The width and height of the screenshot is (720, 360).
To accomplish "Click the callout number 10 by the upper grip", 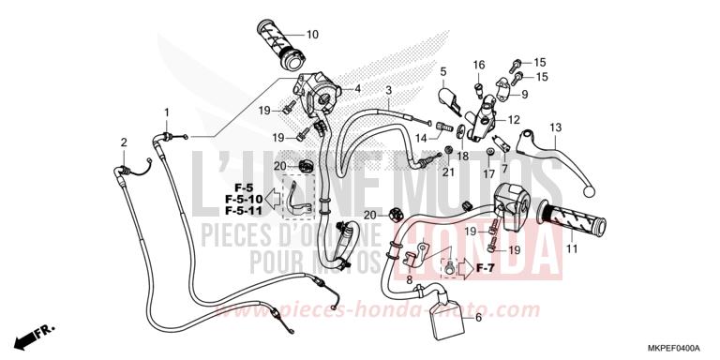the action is tap(312, 35).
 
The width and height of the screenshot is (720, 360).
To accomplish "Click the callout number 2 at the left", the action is tap(123, 142).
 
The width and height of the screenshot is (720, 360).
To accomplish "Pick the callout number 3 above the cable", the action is tap(387, 90).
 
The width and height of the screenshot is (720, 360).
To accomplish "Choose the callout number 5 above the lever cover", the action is tap(442, 70).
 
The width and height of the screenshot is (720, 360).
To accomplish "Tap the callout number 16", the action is tap(478, 65).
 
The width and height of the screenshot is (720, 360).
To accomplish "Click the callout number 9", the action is tap(524, 94).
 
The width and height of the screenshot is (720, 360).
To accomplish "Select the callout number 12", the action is tap(514, 120).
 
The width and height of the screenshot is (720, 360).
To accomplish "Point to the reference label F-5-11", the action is tap(243, 212).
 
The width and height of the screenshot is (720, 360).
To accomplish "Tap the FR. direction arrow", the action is tap(37, 333).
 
